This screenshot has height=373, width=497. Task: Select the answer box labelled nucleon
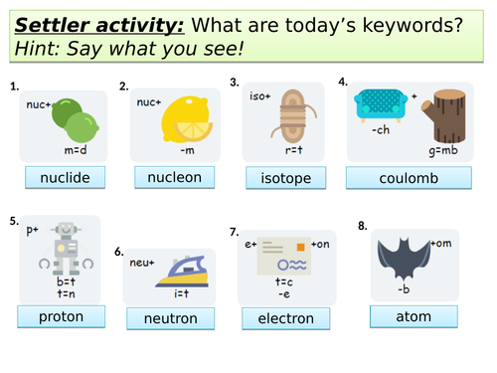tap(174, 177)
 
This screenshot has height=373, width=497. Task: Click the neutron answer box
tap(169, 318)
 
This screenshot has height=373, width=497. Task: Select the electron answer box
tap(285, 318)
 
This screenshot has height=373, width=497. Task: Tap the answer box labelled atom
tap(414, 315)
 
